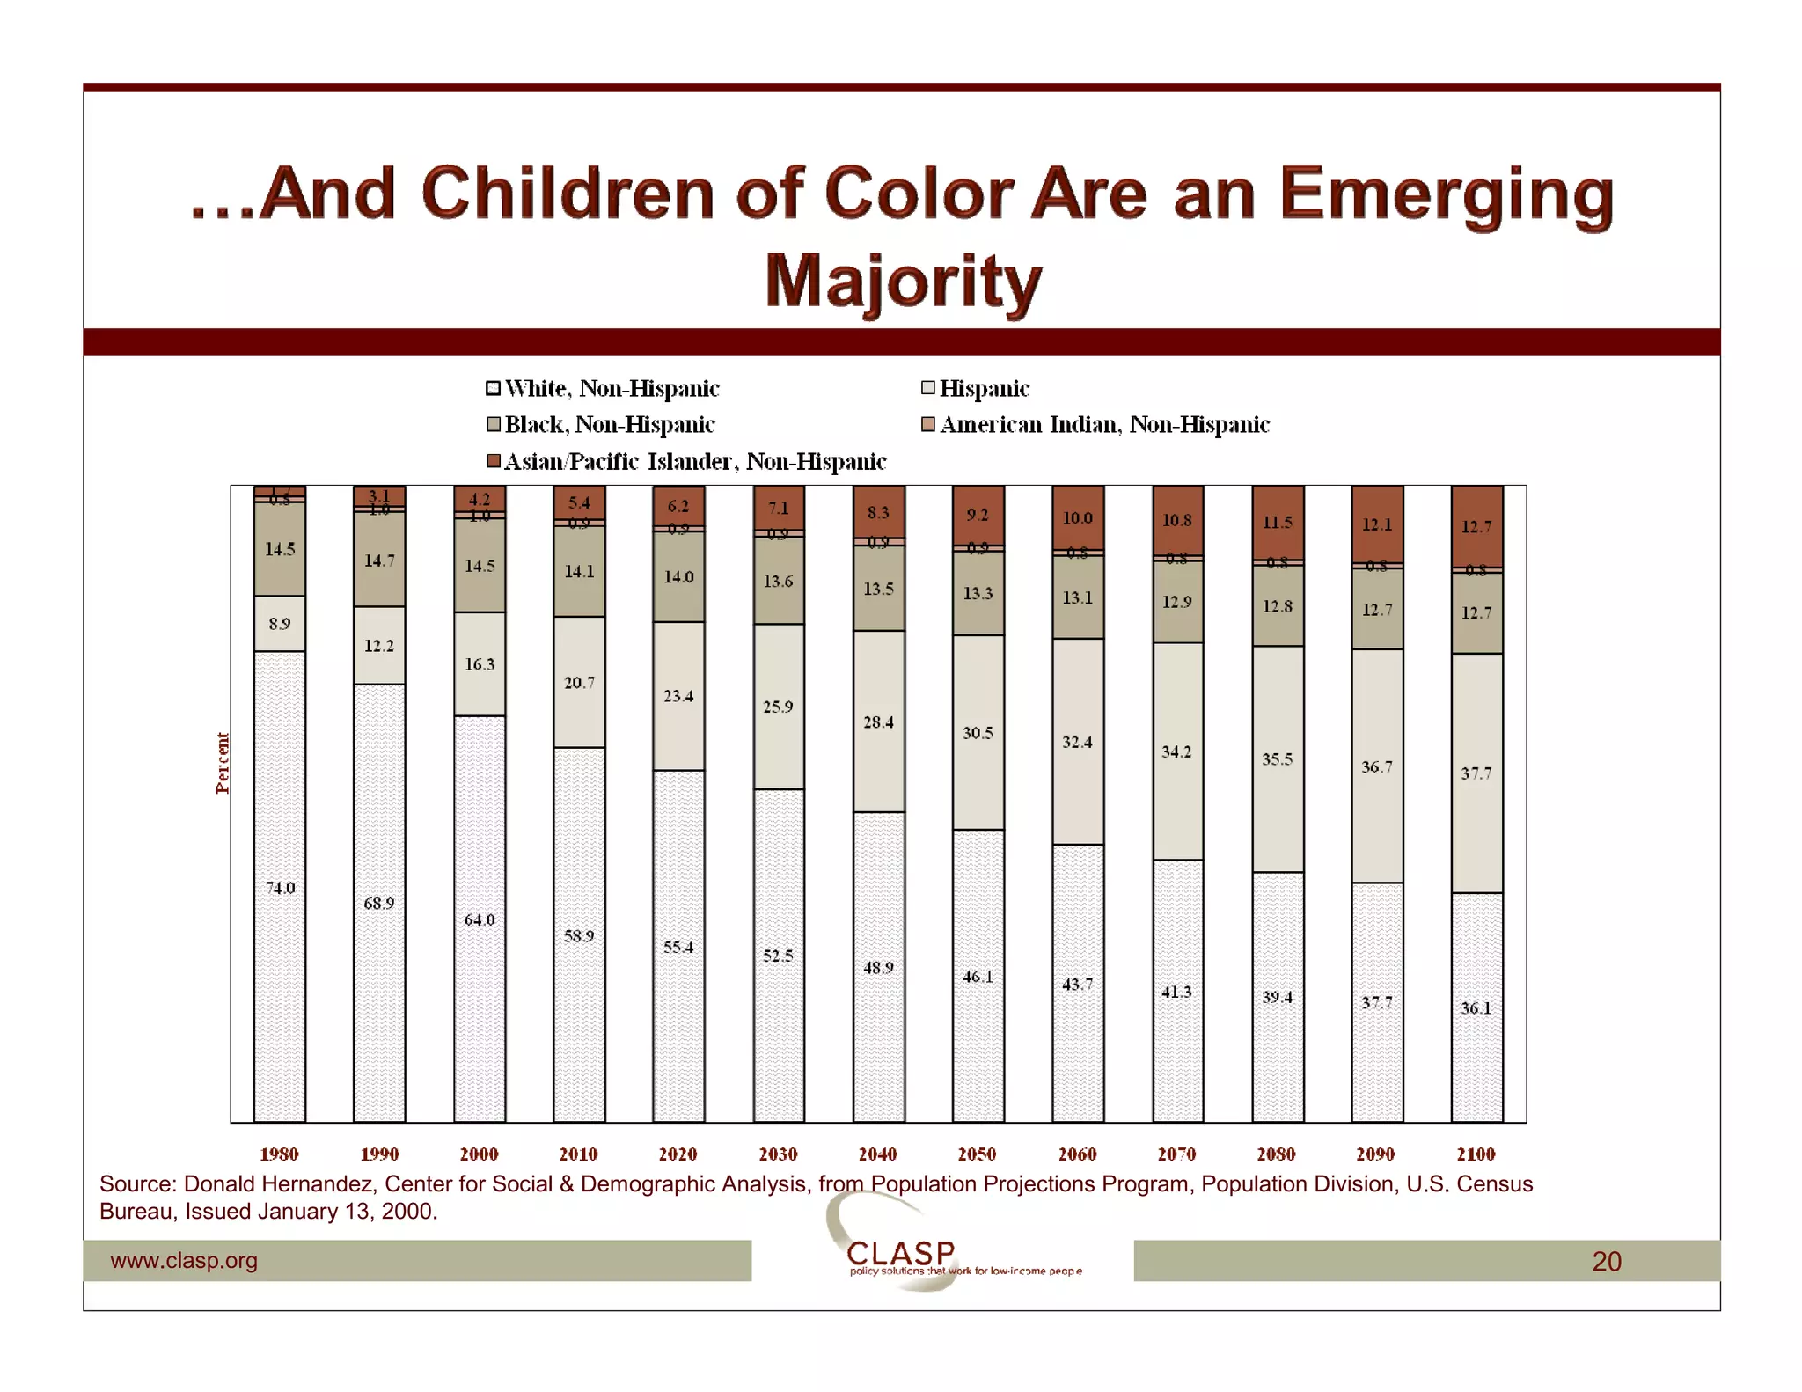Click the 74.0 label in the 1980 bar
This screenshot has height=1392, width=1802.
(280, 887)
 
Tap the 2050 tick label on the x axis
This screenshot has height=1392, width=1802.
(977, 1154)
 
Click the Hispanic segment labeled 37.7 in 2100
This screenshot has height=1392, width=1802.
(1476, 773)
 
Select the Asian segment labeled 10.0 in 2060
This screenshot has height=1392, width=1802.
(1077, 517)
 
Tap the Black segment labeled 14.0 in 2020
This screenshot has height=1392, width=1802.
(678, 576)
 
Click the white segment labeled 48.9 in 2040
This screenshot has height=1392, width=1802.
(878, 967)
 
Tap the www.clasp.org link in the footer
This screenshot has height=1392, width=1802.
(184, 1260)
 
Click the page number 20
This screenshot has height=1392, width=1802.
(1606, 1261)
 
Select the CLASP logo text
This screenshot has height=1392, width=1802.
(901, 1252)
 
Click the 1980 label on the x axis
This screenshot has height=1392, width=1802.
(279, 1154)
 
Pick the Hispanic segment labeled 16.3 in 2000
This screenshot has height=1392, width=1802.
(480, 663)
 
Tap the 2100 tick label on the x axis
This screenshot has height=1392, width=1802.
(1476, 1154)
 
